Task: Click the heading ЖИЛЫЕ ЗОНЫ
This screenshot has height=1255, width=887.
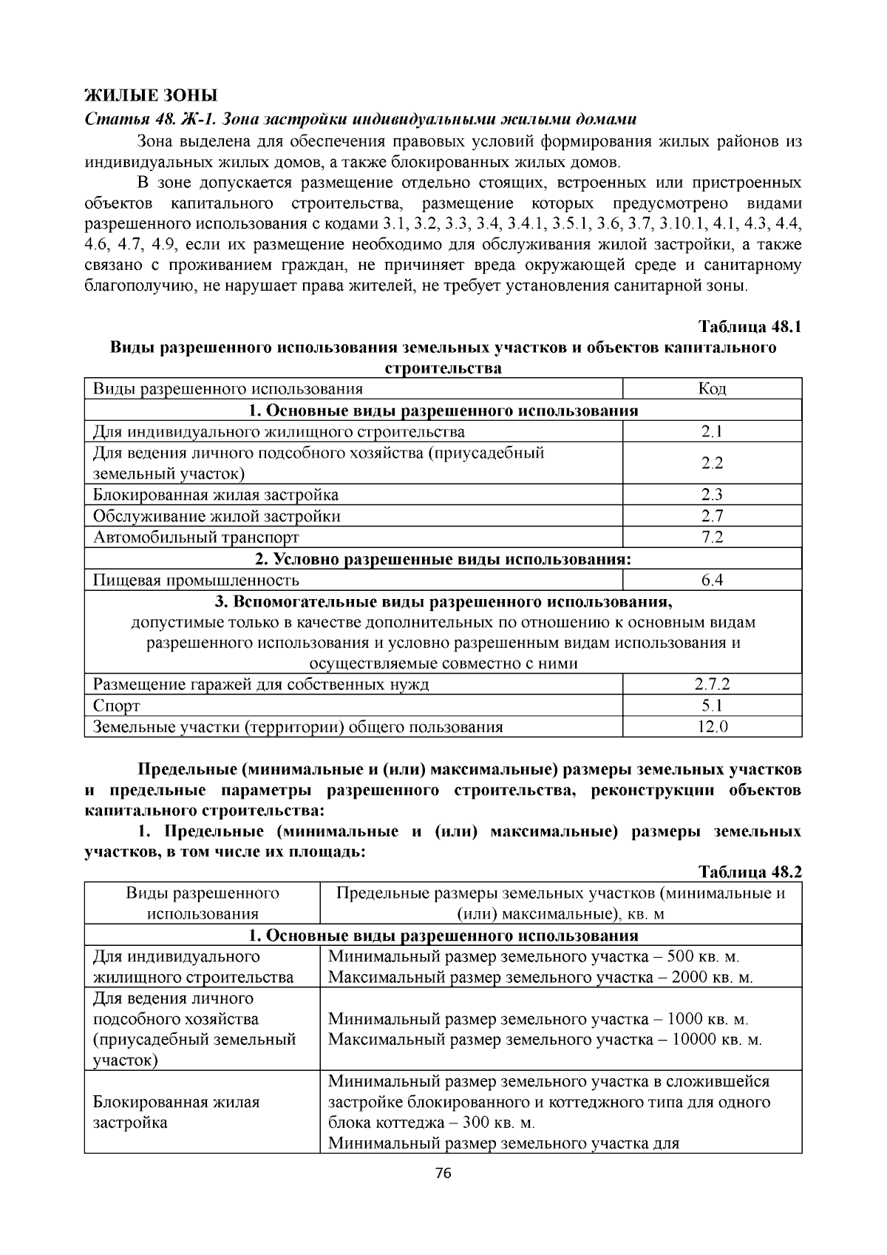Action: [x=151, y=95]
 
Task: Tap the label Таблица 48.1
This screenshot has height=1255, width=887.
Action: [x=750, y=327]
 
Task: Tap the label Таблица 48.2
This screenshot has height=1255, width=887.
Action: [x=750, y=871]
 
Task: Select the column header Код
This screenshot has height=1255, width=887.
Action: [x=712, y=389]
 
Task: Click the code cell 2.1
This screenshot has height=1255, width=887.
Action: [x=712, y=432]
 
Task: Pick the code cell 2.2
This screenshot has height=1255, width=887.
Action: [x=712, y=463]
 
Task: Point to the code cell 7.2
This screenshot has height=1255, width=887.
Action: [x=712, y=537]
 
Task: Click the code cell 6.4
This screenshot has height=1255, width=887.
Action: [x=712, y=580]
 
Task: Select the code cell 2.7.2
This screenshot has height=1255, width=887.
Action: [x=712, y=684]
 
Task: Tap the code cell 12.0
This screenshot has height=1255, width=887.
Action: [x=712, y=727]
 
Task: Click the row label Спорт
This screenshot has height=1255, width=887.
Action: [x=116, y=706]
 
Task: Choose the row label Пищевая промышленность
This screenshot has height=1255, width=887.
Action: [x=196, y=580]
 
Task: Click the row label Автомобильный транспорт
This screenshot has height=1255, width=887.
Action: [x=196, y=537]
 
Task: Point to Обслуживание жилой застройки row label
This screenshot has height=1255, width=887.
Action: [x=217, y=516]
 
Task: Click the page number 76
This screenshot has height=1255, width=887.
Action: [x=443, y=1174]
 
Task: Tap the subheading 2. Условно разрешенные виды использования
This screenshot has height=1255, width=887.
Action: [x=443, y=558]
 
